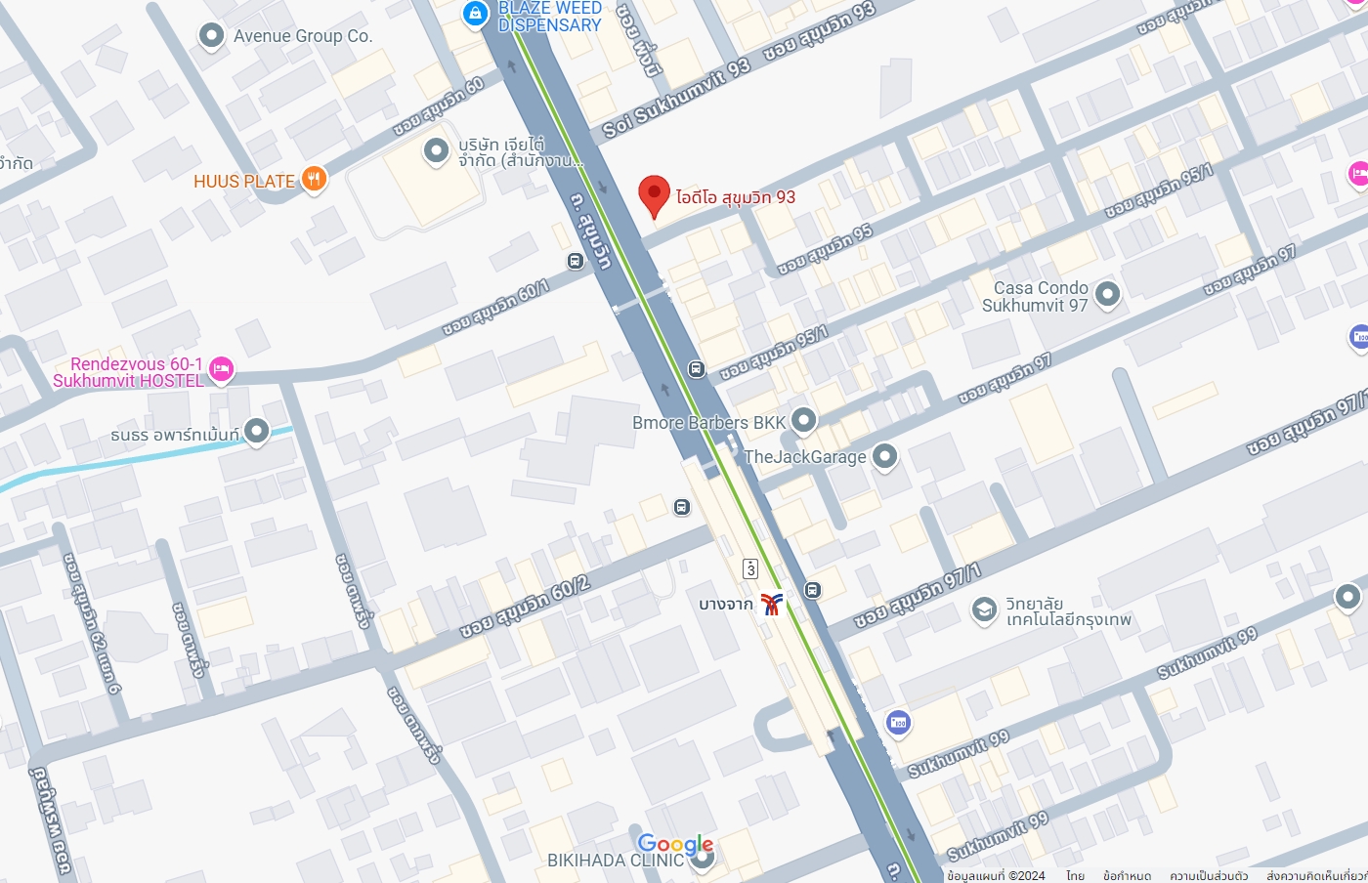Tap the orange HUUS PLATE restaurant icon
[x=314, y=179]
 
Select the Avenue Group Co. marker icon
[x=211, y=36]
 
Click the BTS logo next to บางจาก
[x=771, y=604]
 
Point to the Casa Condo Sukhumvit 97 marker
[x=1106, y=293]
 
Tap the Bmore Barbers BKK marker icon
[x=803, y=421]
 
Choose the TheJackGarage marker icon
[x=884, y=456]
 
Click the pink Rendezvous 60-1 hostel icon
[x=222, y=369]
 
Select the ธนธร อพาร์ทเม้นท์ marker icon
[x=256, y=431]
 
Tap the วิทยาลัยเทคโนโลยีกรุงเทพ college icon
[x=984, y=610]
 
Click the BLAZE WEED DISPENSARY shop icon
[x=475, y=13]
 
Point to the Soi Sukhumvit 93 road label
[x=676, y=98]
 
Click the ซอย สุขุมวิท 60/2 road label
[x=525, y=607]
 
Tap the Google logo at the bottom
[x=675, y=844]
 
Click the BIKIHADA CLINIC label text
[x=615, y=861]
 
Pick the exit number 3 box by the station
[x=750, y=568]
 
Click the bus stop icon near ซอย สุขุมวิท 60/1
[x=575, y=261]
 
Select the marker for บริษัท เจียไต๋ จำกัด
[x=435, y=150]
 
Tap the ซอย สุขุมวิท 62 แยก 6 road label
[x=92, y=623]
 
